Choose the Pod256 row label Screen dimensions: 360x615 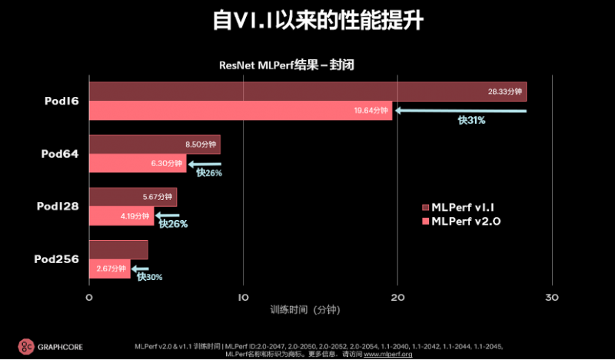click(x=57, y=259)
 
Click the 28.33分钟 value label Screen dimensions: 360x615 click(x=504, y=92)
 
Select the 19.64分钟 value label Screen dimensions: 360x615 click(x=372, y=111)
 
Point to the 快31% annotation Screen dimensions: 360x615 click(x=471, y=121)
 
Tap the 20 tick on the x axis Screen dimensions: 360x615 click(x=397, y=297)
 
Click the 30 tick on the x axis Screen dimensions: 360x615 click(x=551, y=297)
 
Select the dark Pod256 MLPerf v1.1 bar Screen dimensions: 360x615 click(x=118, y=249)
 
